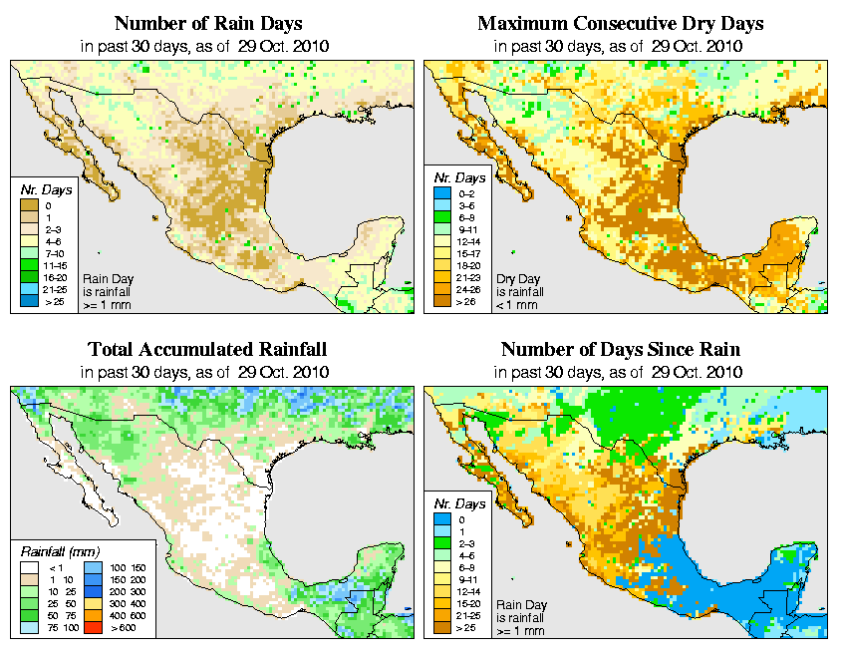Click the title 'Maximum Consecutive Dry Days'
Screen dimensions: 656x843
point(621,23)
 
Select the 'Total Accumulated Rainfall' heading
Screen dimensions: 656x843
point(207,350)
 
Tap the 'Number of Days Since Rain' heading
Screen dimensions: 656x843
point(621,350)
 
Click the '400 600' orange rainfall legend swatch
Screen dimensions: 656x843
point(90,618)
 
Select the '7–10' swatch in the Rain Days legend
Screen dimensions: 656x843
point(30,253)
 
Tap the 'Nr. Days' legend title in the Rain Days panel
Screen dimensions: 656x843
point(40,189)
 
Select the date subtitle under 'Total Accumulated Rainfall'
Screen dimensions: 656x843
point(207,372)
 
